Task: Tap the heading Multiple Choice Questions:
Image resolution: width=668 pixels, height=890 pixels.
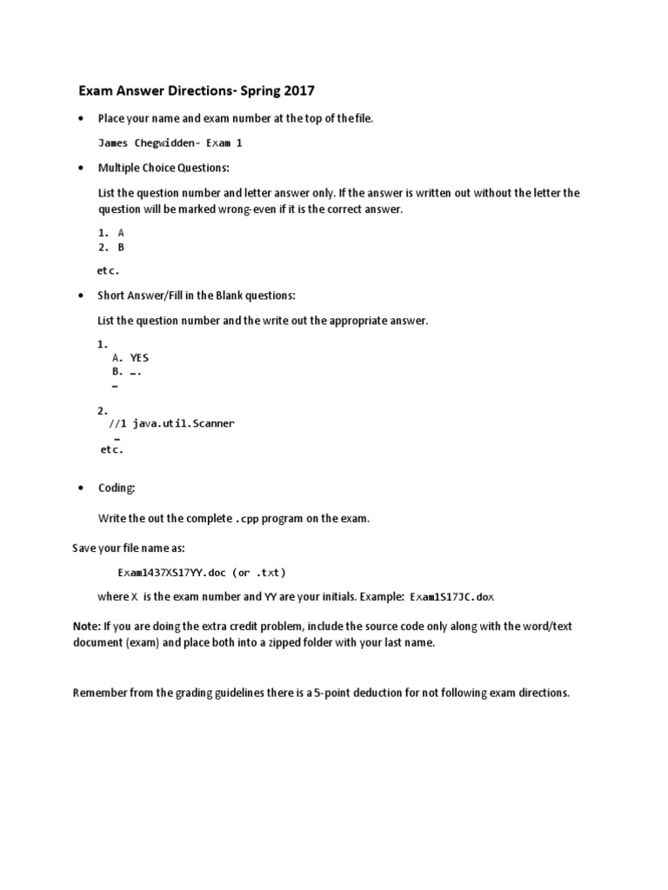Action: [164, 168]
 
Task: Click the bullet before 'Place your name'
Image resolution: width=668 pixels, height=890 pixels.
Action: [81, 118]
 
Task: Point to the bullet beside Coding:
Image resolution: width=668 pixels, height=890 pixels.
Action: [81, 488]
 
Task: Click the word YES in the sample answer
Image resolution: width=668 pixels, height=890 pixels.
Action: [139, 357]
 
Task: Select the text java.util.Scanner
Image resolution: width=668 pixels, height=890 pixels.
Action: [184, 423]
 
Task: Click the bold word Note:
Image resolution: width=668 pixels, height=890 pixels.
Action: [86, 627]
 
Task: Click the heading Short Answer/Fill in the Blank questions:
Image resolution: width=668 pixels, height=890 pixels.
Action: [197, 296]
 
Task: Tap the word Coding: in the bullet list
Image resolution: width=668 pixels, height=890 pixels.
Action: [117, 488]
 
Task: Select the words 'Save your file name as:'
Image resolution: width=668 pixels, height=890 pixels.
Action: [128, 549]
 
